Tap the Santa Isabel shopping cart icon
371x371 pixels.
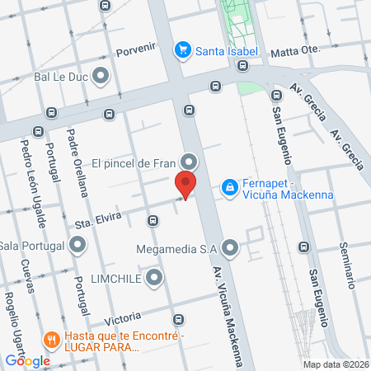pos(183,50)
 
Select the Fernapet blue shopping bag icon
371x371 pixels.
pos(230,189)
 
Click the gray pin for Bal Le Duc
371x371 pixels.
pos(102,77)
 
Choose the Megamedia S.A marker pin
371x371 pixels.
pos(230,247)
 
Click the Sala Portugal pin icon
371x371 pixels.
pos(77,244)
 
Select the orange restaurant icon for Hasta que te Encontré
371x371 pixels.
pos(51,338)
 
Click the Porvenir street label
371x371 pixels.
pos(136,49)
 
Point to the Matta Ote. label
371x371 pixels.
pos(294,51)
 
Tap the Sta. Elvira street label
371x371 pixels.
pos(98,218)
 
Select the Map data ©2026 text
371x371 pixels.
pos(334,364)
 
